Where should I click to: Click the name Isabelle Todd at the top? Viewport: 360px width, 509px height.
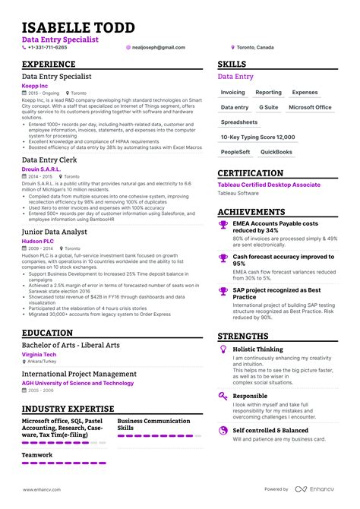pyautogui.click(x=78, y=27)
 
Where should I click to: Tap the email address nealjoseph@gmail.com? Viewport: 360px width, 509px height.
pyautogui.click(x=159, y=47)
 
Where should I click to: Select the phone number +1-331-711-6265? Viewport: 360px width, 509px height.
pyautogui.click(x=47, y=47)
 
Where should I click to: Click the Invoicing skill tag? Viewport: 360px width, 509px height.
pyautogui.click(x=233, y=93)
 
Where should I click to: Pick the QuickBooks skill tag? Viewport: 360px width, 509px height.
pyautogui.click(x=276, y=152)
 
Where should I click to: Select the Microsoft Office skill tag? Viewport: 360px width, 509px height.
pyautogui.click(x=310, y=107)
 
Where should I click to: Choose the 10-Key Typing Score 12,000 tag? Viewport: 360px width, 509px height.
pyautogui.click(x=257, y=137)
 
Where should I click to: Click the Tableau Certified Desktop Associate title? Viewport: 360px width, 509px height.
pyautogui.click(x=269, y=185)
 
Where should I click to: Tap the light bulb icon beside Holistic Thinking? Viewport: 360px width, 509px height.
pyautogui.click(x=223, y=349)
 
